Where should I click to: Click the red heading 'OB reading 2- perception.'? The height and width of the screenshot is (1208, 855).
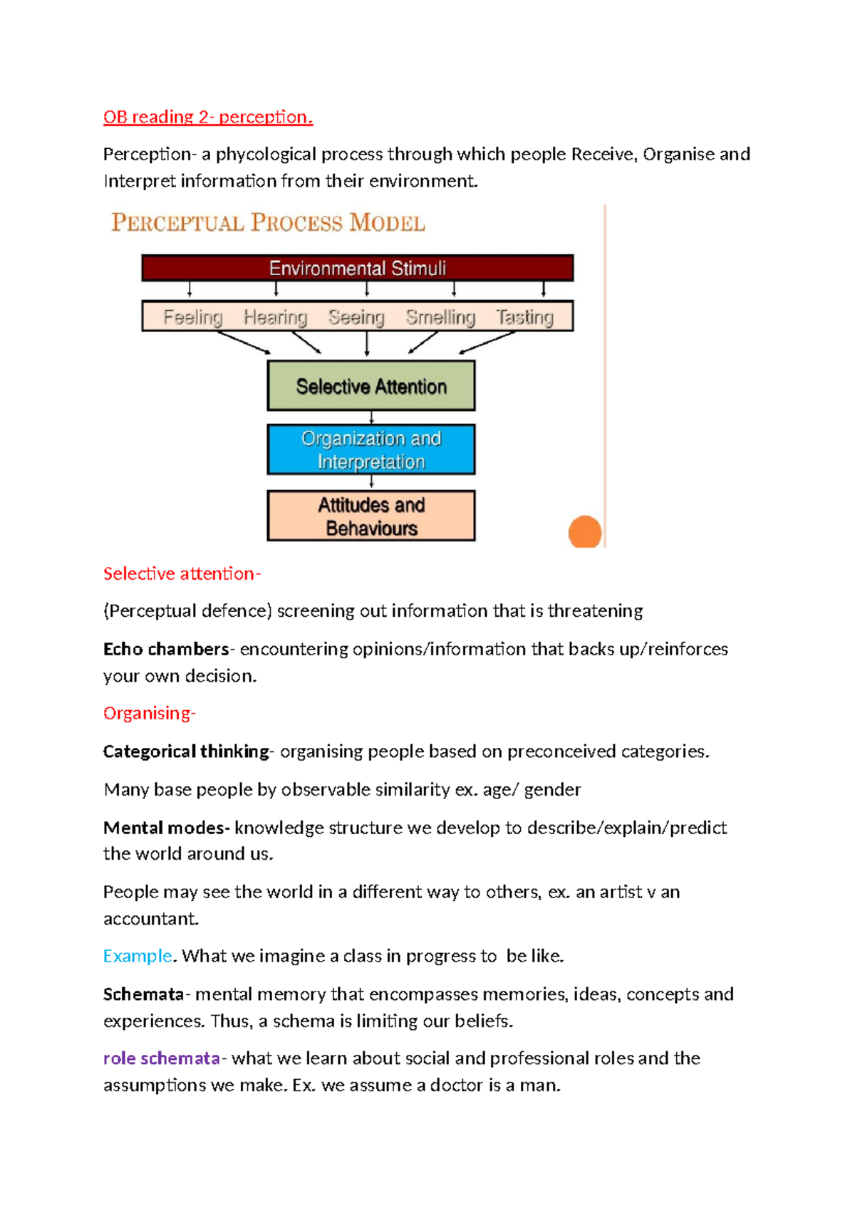[x=207, y=117]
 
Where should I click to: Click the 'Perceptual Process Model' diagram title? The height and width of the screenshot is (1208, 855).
[x=268, y=223]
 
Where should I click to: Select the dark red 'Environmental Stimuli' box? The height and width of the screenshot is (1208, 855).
[x=357, y=269]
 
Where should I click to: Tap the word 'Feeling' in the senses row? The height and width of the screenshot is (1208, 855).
[x=192, y=317]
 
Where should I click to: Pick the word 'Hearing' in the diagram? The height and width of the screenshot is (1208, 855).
[x=275, y=317]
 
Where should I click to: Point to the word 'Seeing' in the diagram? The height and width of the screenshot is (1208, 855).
[x=356, y=317]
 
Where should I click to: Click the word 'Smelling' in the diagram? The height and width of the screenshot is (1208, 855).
[x=440, y=317]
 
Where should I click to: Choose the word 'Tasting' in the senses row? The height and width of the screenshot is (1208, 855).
[x=524, y=317]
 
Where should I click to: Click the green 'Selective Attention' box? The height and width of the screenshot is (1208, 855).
[x=371, y=386]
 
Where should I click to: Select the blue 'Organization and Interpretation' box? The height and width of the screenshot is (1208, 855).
[x=371, y=449]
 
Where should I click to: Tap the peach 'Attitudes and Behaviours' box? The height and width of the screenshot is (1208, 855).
[x=371, y=516]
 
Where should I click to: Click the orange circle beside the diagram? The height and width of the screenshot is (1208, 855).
[x=585, y=532]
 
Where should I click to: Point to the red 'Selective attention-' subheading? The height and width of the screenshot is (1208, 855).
[x=182, y=573]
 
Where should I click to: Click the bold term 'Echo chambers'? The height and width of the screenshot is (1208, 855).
[x=165, y=649]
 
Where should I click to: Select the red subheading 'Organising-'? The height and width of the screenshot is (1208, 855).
[x=149, y=713]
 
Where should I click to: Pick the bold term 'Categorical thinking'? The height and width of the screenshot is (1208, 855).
[x=186, y=751]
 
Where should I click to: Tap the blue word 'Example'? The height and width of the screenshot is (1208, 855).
[x=138, y=956]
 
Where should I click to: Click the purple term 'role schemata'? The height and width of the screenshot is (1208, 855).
[x=161, y=1058]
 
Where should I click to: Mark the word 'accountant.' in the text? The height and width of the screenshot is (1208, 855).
[x=151, y=919]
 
